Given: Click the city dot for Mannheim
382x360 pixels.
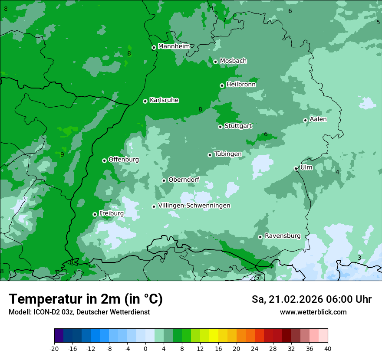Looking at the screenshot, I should click(154, 48).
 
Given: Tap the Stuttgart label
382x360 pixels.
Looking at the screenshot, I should click(238, 126).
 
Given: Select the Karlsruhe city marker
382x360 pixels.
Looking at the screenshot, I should click(145, 101).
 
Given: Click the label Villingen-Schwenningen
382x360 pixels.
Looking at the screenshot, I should click(194, 206).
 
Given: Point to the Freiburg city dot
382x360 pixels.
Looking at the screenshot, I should click(95, 214).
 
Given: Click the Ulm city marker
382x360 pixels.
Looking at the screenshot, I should click(296, 169).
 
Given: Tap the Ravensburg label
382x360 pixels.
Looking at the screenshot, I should click(282, 236).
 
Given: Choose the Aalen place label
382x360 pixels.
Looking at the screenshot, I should click(318, 119).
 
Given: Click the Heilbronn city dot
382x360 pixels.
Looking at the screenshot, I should click(222, 85).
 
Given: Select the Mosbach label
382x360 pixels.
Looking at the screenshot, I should click(233, 61).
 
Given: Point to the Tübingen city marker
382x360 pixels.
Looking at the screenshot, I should click(210, 155).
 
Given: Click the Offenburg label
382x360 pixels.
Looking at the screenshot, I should click(124, 160).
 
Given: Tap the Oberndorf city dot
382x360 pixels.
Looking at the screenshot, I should click(164, 180).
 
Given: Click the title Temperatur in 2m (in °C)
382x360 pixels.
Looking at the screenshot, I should click(86, 299).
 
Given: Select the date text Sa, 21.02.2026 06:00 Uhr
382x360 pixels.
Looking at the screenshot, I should click(311, 299).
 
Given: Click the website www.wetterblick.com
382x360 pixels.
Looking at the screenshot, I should click(313, 312).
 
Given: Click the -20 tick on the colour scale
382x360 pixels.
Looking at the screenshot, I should click(54, 348).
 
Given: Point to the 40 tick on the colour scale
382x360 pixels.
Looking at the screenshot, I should click(328, 348).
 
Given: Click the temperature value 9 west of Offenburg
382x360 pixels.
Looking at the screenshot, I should click(62, 155).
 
